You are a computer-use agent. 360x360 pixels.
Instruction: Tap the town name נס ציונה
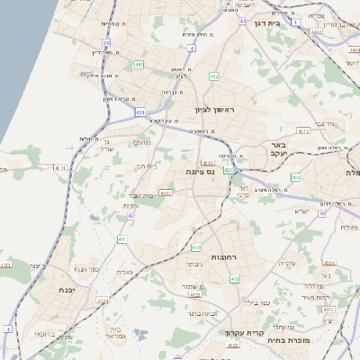(199, 171)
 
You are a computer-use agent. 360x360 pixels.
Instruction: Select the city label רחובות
(223, 257)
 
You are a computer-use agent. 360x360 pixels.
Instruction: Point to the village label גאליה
(124, 272)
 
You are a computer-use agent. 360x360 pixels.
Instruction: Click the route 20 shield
(106, 42)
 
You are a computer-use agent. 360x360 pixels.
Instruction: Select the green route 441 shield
(139, 65)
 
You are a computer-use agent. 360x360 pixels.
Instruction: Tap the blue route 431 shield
(140, 112)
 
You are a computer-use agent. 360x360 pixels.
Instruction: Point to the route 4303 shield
(165, 192)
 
